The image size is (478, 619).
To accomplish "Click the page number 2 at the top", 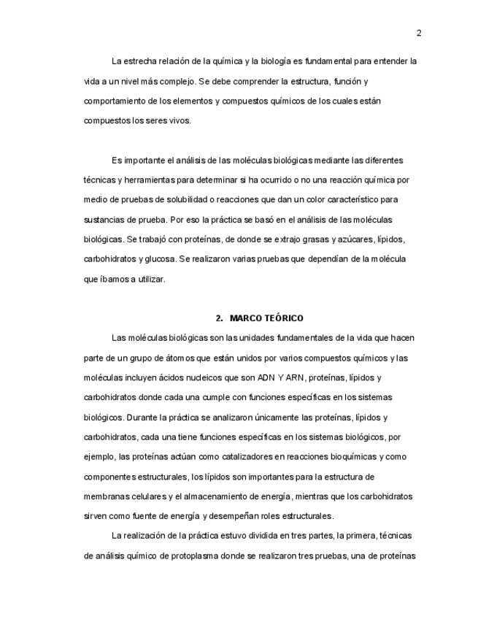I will pos(419,33).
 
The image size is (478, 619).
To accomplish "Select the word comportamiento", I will pos(115,101).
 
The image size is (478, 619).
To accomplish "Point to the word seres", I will pos(156,120).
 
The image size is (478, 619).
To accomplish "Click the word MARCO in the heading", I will pos(245,318).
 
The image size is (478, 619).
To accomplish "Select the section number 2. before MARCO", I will pos(218,318).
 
